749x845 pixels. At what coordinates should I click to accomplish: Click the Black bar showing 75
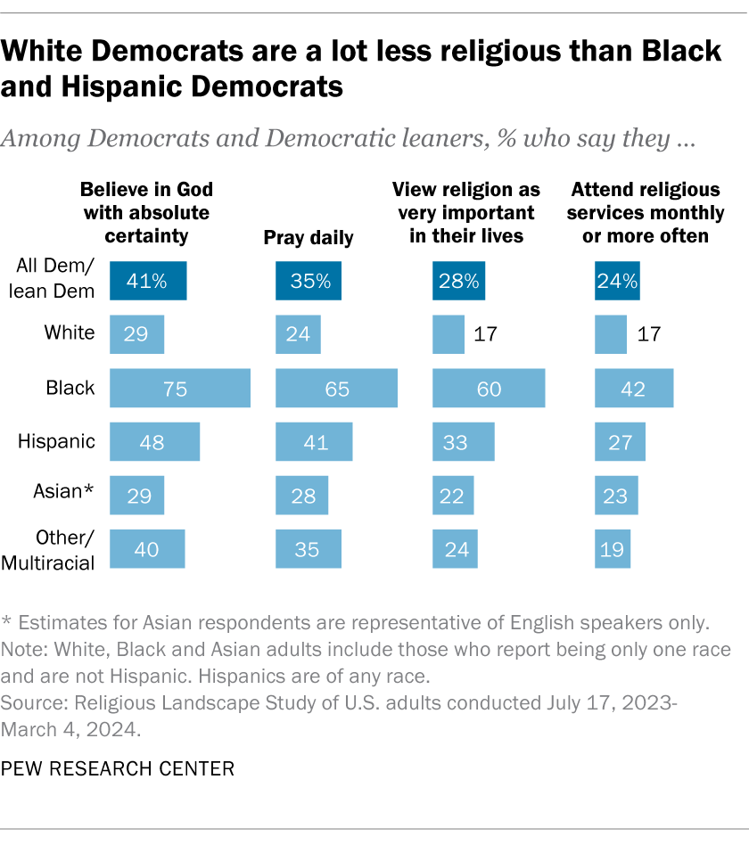pyautogui.click(x=179, y=388)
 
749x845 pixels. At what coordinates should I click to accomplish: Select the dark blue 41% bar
pyautogui.click(x=148, y=281)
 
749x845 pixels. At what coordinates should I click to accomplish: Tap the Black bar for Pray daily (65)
pyautogui.click(x=337, y=388)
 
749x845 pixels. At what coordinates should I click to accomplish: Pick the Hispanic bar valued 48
pyautogui.click(x=154, y=442)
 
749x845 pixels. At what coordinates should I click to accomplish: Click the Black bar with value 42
pyautogui.click(x=634, y=388)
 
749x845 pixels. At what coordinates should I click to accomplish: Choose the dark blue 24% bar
pyautogui.click(x=617, y=281)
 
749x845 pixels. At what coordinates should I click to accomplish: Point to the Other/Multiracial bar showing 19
pyautogui.click(x=613, y=549)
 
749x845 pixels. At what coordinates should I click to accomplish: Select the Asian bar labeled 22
pyautogui.click(x=453, y=496)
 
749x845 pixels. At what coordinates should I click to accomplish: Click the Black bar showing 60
pyautogui.click(x=488, y=388)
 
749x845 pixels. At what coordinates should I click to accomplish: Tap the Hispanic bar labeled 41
pyautogui.click(x=314, y=442)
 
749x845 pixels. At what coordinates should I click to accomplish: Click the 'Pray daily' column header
pyautogui.click(x=309, y=237)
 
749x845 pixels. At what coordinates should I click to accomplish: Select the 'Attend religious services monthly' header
pyautogui.click(x=646, y=213)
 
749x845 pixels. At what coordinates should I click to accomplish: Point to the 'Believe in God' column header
pyautogui.click(x=147, y=213)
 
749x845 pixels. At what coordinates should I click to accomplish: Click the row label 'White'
pyautogui.click(x=70, y=333)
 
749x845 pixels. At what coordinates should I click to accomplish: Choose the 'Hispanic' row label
pyautogui.click(x=57, y=442)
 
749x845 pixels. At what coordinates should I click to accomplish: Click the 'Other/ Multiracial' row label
pyautogui.click(x=55, y=549)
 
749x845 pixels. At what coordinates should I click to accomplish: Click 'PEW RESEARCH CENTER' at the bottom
pyautogui.click(x=119, y=768)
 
